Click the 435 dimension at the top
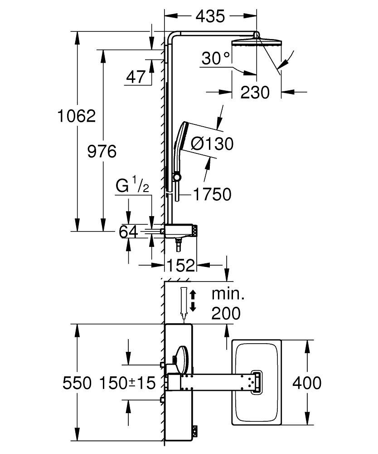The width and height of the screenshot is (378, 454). click(x=210, y=16)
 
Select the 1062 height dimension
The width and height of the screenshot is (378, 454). click(x=77, y=116)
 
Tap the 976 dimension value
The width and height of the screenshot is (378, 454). click(x=102, y=151)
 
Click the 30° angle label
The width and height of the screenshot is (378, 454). click(x=216, y=58)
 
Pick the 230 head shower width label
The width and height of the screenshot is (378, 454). click(x=255, y=92)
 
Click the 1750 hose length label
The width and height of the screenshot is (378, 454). click(x=212, y=194)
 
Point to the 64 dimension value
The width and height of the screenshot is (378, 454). click(x=128, y=232)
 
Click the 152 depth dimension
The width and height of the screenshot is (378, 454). click(x=181, y=265)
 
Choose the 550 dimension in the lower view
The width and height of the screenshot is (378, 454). click(x=77, y=383)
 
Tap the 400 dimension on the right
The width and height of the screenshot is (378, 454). click(x=307, y=383)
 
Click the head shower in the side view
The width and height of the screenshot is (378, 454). click(x=256, y=43)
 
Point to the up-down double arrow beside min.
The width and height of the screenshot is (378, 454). click(x=194, y=300)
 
